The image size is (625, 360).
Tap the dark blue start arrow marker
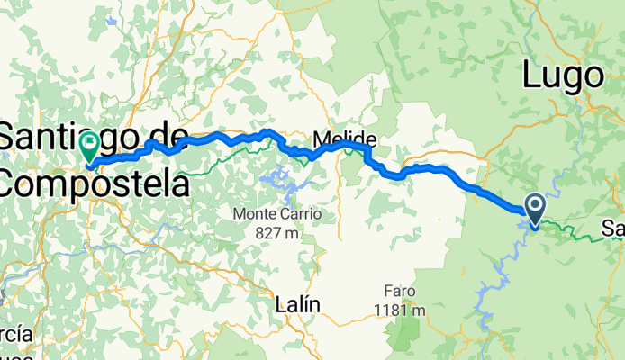point(534,210)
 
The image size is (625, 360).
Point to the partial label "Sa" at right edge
point(614,229)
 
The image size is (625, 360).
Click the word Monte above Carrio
point(251,215)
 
